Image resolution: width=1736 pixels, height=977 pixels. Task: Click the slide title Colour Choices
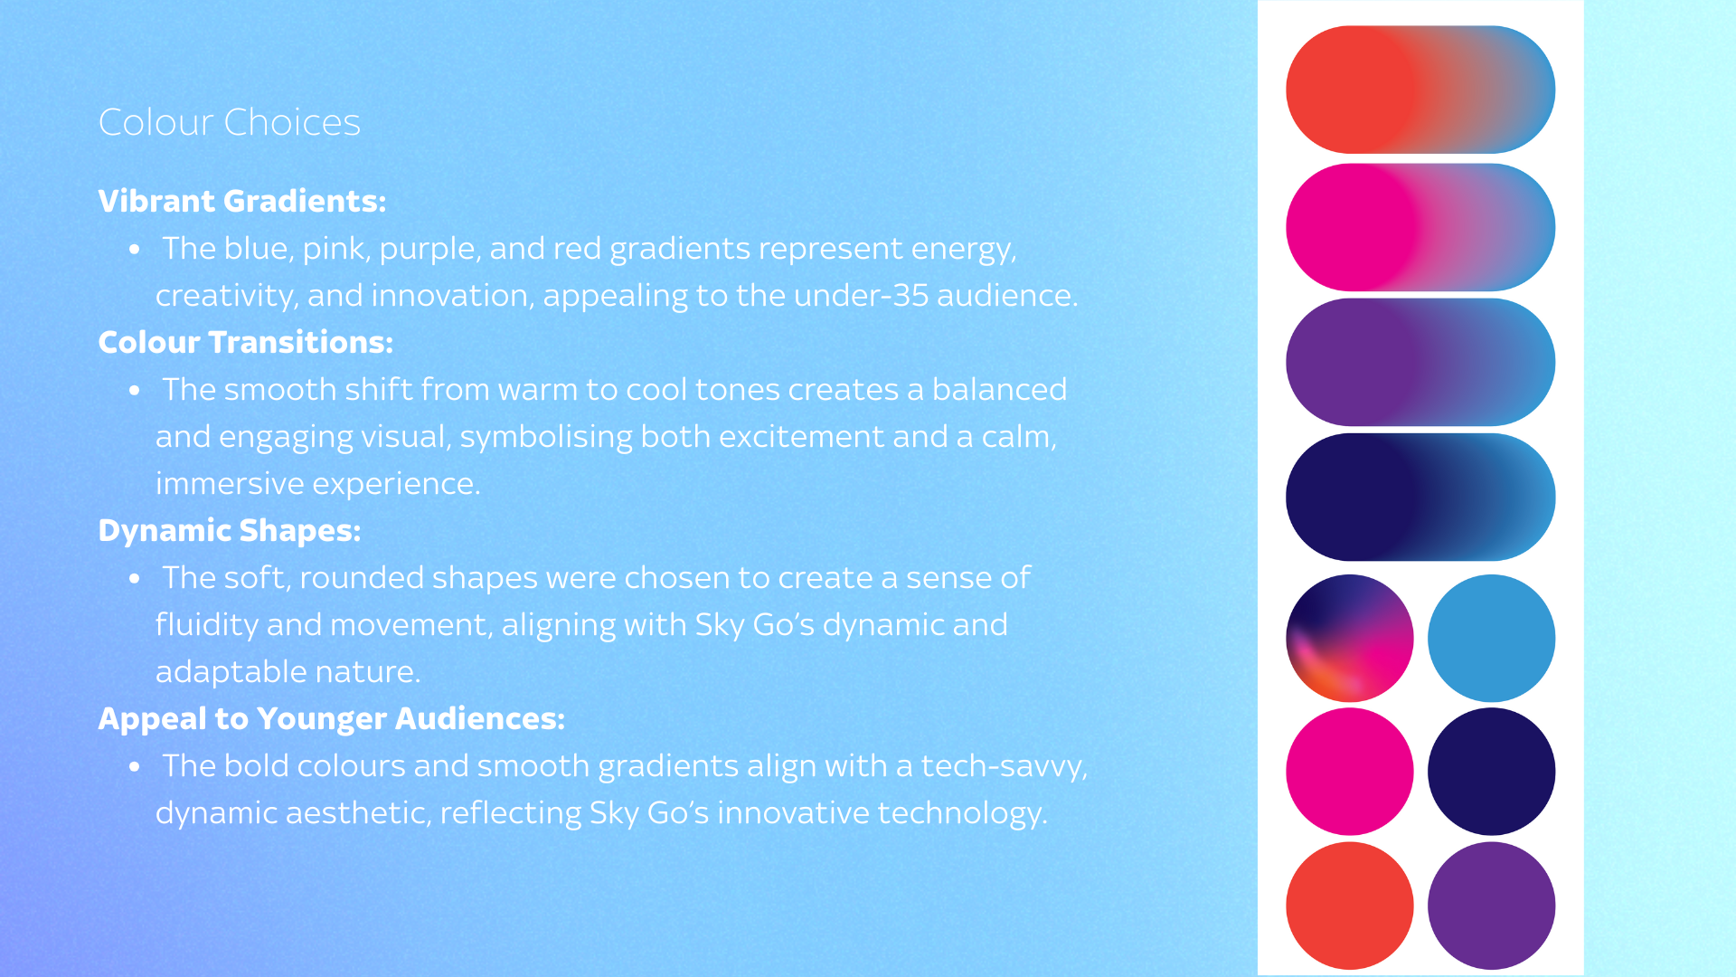229,122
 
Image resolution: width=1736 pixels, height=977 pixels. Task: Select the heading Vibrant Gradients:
242,201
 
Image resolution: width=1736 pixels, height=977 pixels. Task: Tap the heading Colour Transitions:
246,342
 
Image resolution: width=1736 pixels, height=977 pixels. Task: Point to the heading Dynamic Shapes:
230,531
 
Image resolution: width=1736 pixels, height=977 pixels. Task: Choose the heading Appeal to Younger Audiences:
332,719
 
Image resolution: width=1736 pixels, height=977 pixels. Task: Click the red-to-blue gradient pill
1420,90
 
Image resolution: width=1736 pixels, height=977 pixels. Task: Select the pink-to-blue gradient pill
1420,227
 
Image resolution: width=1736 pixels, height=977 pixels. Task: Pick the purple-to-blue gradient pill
1420,362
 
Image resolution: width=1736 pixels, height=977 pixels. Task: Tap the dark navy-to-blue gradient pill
1420,497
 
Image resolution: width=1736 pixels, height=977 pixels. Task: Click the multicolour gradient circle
1350,638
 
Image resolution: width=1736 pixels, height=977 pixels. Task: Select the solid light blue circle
1492,638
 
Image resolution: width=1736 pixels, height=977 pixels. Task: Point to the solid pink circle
1350,772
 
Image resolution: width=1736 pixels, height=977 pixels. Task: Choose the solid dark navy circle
1492,772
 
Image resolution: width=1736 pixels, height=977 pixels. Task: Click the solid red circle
1350,906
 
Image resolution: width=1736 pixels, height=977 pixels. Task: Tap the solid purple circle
1492,906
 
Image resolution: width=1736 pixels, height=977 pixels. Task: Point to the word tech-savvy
1005,767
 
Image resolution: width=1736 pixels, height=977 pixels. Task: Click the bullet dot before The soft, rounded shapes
135,578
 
